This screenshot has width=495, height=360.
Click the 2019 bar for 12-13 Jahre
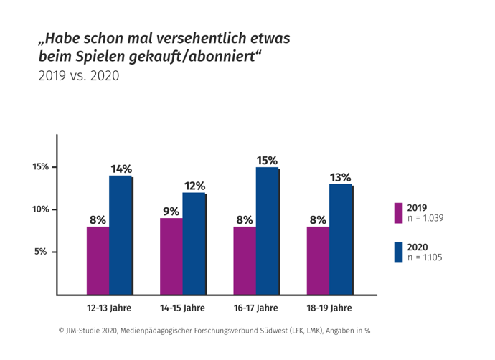(x=98, y=260)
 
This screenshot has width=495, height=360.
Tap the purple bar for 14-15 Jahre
(x=171, y=256)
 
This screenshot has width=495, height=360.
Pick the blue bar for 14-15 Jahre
(x=194, y=244)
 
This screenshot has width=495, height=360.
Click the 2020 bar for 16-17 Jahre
(x=267, y=231)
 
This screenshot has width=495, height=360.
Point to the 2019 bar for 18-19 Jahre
(x=317, y=260)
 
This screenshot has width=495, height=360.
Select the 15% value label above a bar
(x=267, y=158)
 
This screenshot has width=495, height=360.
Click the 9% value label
(x=171, y=211)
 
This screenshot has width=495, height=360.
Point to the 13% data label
(x=340, y=176)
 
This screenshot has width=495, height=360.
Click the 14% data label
(x=121, y=169)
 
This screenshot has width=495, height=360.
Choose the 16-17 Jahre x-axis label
(x=256, y=308)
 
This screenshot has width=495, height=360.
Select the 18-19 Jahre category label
(x=329, y=308)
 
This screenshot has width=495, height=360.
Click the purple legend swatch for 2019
(x=398, y=212)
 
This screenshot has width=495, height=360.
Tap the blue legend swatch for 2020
(x=398, y=252)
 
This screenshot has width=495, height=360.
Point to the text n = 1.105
(x=425, y=257)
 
